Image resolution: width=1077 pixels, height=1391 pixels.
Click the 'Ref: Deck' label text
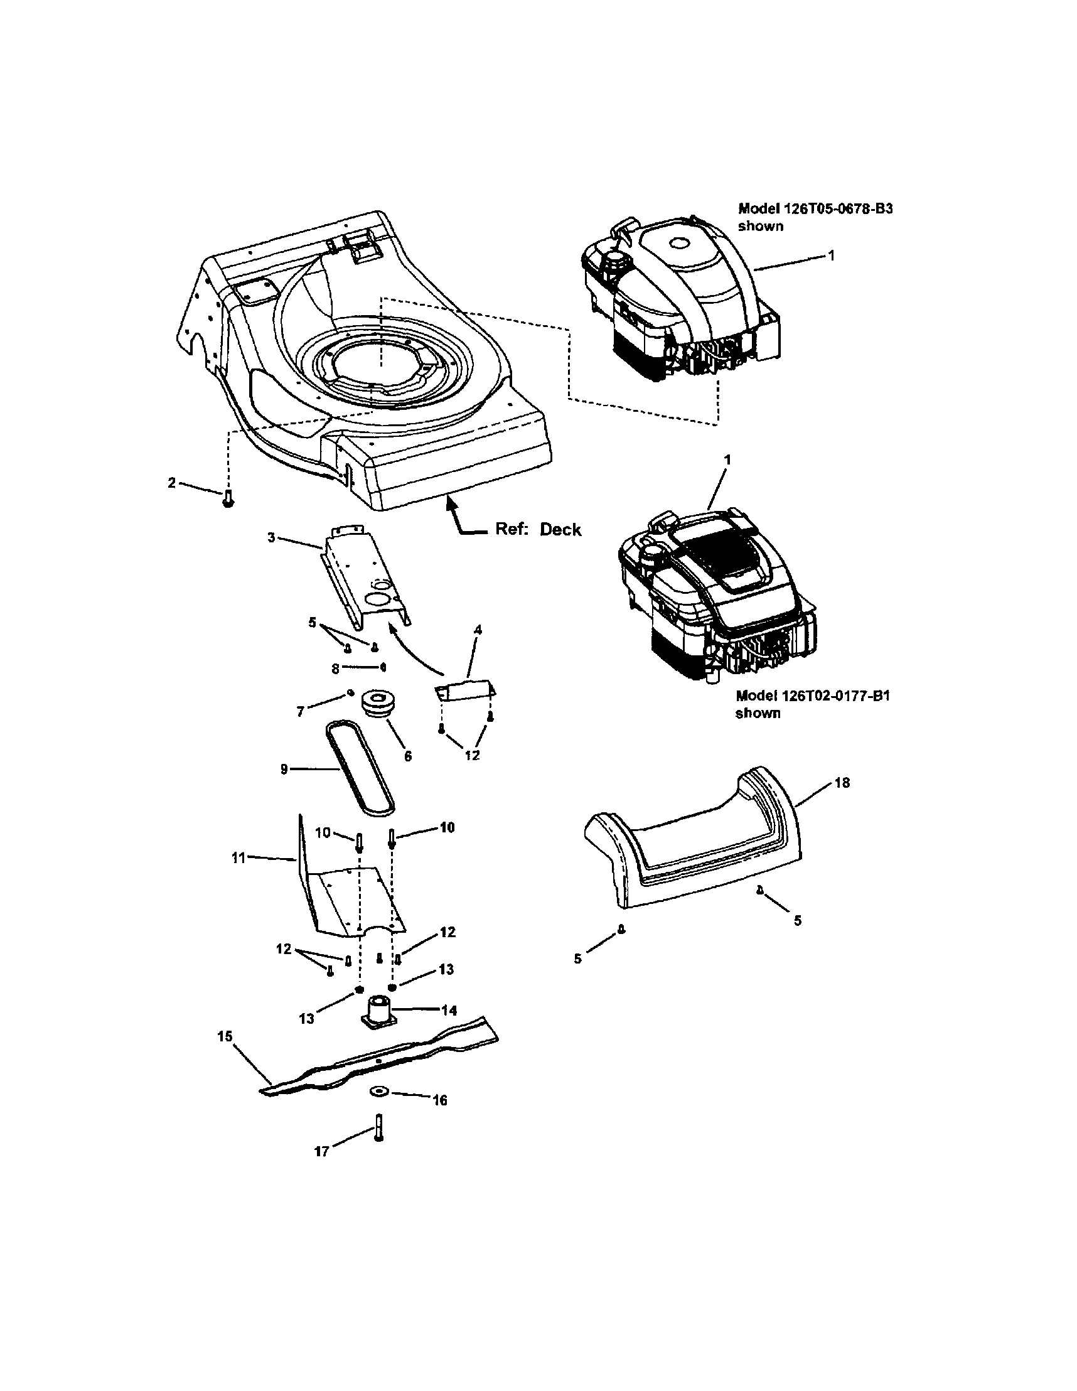coord(537,529)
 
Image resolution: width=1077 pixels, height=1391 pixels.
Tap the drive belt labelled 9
coord(360,769)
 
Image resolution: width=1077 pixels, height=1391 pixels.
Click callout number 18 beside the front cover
coord(842,782)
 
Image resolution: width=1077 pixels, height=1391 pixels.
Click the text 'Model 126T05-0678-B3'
coord(815,208)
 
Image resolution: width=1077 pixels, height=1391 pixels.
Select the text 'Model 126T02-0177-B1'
coord(812,695)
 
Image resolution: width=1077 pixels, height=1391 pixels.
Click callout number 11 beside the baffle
coord(238,858)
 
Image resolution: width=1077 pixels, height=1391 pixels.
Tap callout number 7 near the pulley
coord(301,711)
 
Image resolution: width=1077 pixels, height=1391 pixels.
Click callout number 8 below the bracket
coord(335,668)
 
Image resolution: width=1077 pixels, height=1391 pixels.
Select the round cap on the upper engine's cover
coord(676,244)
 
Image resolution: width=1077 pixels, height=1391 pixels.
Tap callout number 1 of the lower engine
coord(727,459)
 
